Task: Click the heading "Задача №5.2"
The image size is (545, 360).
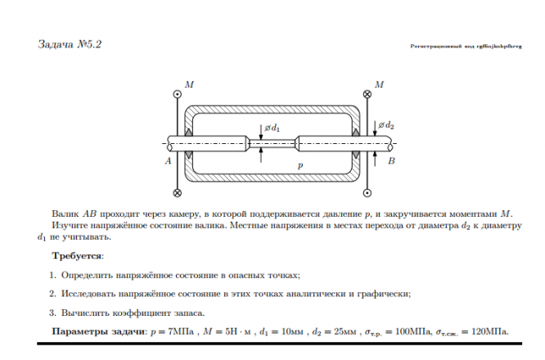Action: pyautogui.click(x=70, y=43)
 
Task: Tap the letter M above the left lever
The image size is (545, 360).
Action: pyautogui.click(x=189, y=84)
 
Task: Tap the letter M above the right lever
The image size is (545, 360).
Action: pyautogui.click(x=378, y=84)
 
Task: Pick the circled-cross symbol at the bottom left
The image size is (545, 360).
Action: pyautogui.click(x=178, y=193)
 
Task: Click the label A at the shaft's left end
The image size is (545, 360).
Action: pyautogui.click(x=168, y=161)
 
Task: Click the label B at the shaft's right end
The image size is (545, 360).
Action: pyautogui.click(x=391, y=162)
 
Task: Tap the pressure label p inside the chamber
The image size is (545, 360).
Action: pyautogui.click(x=300, y=164)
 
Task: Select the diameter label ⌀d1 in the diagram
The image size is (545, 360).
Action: pyautogui.click(x=272, y=128)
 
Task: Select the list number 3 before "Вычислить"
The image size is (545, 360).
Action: pyautogui.click(x=52, y=313)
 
